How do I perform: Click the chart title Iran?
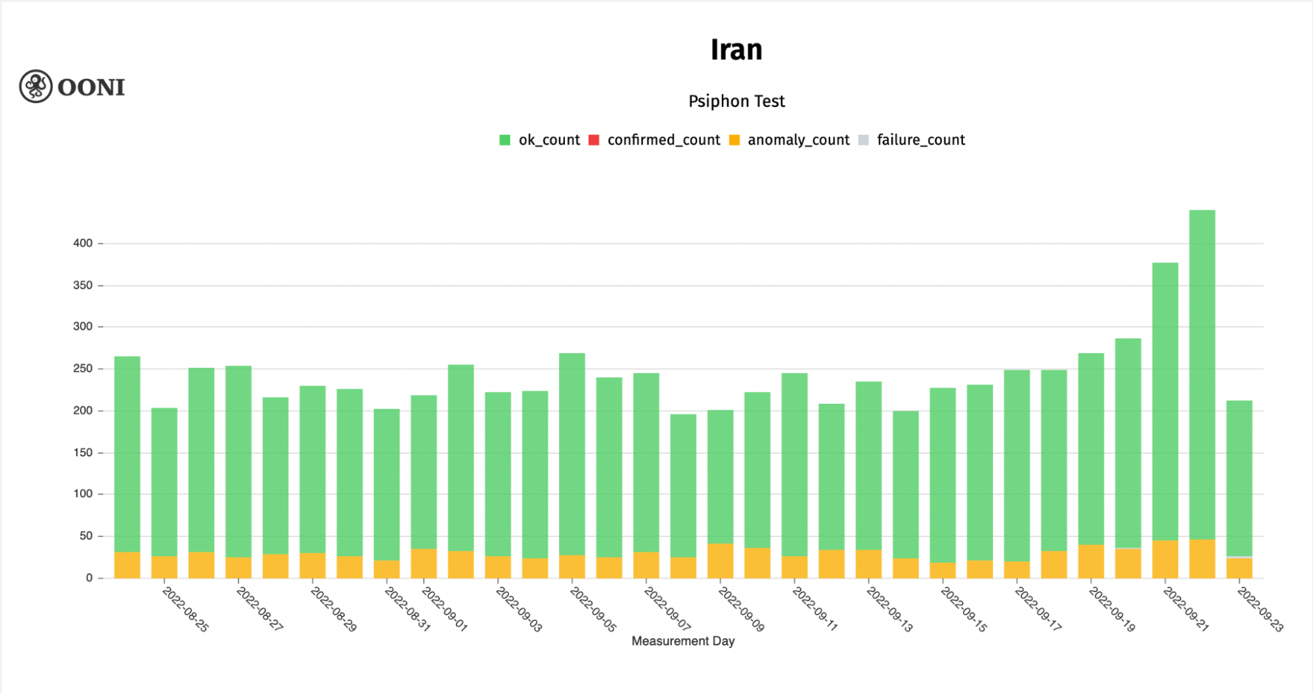[736, 50]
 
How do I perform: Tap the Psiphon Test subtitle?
[736, 101]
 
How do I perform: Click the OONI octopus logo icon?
[35, 86]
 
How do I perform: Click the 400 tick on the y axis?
[83, 243]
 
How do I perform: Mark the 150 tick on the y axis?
[83, 452]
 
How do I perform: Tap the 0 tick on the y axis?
[89, 578]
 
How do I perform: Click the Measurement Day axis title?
[683, 641]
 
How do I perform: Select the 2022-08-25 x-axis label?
[185, 609]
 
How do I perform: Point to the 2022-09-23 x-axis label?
[1260, 609]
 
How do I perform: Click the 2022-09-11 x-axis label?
[815, 609]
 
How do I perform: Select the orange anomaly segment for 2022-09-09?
[721, 561]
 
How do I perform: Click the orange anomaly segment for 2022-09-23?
[1239, 568]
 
